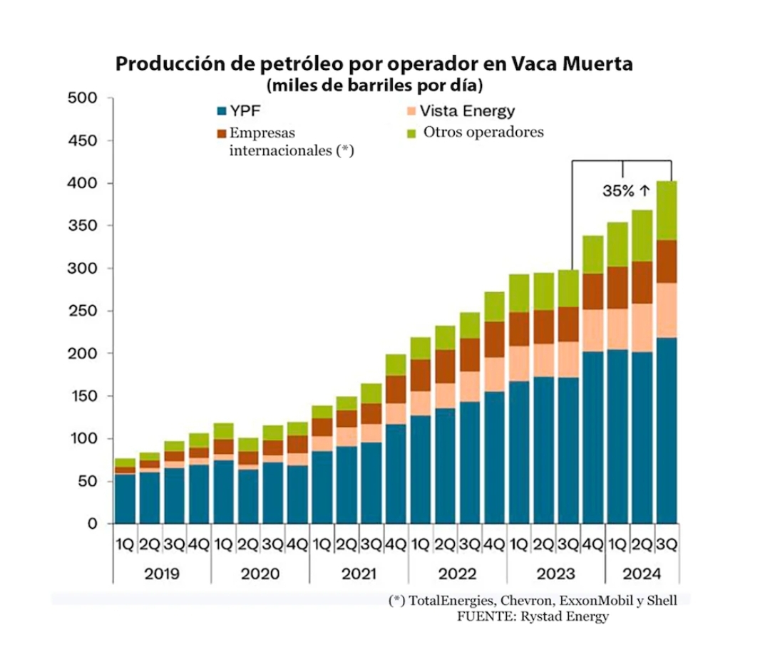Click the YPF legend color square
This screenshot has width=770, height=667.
[221, 112]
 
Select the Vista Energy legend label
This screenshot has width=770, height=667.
[467, 111]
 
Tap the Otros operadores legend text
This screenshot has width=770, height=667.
[483, 132]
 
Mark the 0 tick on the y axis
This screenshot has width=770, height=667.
[92, 524]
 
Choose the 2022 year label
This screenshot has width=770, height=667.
[458, 574]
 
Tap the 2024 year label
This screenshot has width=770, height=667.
[642, 574]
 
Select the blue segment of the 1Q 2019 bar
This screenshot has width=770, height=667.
[125, 498]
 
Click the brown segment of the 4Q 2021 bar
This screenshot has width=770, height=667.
[395, 389]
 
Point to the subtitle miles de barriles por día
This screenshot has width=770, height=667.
[375, 87]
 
